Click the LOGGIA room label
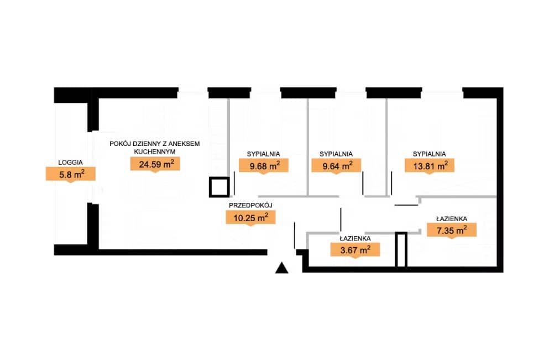[70, 163]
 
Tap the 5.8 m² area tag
[71, 174]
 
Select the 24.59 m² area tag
[155, 164]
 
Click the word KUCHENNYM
[154, 152]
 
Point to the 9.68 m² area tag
[264, 166]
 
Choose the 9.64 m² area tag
[336, 166]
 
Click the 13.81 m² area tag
[430, 166]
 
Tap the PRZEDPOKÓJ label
[250, 206]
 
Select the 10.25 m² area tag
[250, 217]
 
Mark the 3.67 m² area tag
[355, 250]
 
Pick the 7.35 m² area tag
[452, 231]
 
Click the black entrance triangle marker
[282, 269]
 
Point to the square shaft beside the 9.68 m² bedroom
[219, 187]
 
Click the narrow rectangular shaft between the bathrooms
[401, 250]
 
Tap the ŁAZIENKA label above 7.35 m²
[452, 219]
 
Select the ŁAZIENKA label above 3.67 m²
[355, 238]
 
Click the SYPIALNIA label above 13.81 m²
[429, 154]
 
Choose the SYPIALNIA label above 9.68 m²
[263, 154]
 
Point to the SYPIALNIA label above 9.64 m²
[336, 154]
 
